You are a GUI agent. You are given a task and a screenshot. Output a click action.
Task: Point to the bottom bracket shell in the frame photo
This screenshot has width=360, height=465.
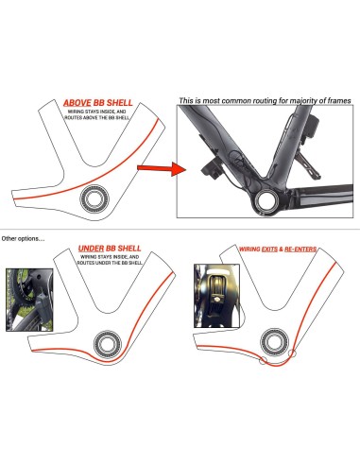click(x=266, y=199)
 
